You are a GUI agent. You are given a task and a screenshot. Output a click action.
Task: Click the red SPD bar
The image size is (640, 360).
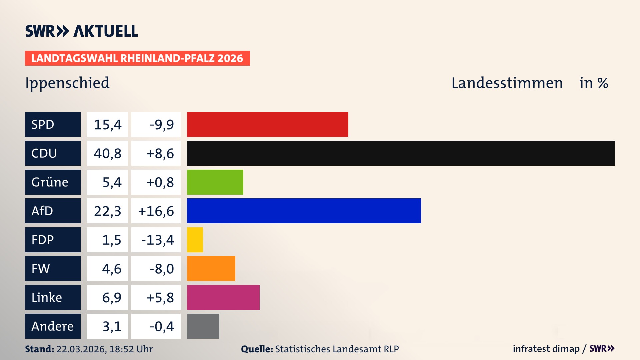coord(267,124)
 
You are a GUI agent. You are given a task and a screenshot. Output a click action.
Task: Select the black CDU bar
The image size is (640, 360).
coord(401,153)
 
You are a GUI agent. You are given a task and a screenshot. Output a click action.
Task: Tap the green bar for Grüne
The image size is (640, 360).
coord(215,182)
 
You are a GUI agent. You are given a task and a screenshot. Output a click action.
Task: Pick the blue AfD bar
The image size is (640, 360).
coord(304,211)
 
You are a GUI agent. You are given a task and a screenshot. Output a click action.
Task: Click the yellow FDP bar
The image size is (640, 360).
coord(195,240)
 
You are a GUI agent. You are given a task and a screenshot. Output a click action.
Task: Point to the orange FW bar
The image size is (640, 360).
coord(211,268)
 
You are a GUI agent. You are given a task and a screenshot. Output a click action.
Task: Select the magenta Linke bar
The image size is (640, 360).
coord(223,297)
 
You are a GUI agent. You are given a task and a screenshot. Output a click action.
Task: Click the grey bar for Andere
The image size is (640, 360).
coord(203,326)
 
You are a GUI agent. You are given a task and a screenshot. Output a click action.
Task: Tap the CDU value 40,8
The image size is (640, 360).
coord(107,153)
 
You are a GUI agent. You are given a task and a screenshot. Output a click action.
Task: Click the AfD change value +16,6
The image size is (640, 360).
coord(156,211)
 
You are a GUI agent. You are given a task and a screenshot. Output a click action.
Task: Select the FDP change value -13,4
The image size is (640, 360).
coord(157,240)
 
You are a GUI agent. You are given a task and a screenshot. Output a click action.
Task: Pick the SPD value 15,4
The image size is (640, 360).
coord(107,125)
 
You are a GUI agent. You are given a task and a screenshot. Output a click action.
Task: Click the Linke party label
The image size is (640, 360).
coord(47,297)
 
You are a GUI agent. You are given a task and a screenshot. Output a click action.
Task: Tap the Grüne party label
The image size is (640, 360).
coord(50,182)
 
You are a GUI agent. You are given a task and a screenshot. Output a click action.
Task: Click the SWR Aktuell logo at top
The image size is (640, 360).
coord(81,31)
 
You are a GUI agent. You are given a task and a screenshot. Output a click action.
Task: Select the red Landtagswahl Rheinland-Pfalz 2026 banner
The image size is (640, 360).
coord(137,58)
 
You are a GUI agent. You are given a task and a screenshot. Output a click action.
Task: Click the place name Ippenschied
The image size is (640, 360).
coord(67,83)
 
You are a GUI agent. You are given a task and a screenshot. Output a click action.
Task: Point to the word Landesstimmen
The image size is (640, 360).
coord(507,83)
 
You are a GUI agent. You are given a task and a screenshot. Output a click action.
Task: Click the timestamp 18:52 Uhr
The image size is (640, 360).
coord(131,349)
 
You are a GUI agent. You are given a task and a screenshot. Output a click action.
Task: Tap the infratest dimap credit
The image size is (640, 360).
coord(546,349)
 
